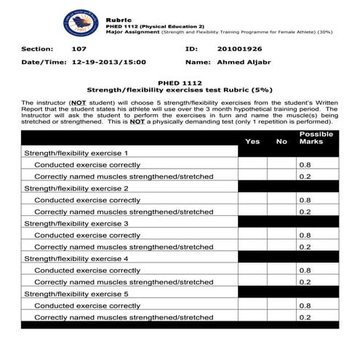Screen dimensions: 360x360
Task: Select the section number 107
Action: click(x=79, y=49)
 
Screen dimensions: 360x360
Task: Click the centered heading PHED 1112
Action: click(x=179, y=83)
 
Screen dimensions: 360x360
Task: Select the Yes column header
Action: click(x=252, y=141)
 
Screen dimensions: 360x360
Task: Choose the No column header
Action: click(x=281, y=141)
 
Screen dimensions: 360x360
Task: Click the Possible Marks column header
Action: click(x=316, y=137)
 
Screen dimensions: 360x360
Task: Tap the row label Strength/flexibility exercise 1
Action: click(x=76, y=153)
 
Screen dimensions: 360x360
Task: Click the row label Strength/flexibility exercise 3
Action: click(x=76, y=223)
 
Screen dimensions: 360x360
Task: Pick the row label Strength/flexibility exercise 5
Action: click(x=76, y=293)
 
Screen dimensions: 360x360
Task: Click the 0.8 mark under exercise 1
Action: click(x=305, y=165)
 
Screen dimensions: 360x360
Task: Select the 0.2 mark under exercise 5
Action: click(x=305, y=317)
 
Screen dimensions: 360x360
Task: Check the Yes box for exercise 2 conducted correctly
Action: click(x=252, y=200)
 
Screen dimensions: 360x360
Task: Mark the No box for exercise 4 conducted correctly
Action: click(x=281, y=270)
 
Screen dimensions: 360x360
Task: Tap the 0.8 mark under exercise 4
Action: click(x=305, y=270)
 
